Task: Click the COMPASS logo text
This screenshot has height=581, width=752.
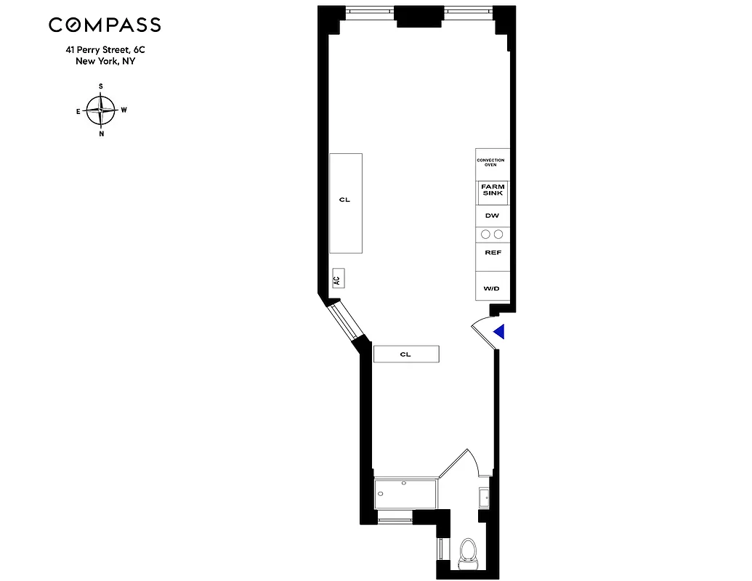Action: point(105,25)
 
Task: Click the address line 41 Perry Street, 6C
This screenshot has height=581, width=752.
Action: point(105,51)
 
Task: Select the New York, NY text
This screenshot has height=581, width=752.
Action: point(105,62)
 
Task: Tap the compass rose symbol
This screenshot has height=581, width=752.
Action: point(101,110)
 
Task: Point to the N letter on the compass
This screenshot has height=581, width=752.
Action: point(101,134)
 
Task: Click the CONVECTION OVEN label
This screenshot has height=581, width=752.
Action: point(490,163)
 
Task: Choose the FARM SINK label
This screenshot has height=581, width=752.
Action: point(492,190)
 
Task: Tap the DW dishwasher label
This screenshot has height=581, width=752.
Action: point(492,216)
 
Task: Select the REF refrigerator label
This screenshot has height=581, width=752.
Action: point(492,253)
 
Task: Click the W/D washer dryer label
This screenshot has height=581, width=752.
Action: point(492,288)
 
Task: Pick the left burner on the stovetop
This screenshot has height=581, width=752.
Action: point(485,234)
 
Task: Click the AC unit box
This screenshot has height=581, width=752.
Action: point(337,278)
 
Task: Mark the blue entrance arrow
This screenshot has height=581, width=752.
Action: point(499,332)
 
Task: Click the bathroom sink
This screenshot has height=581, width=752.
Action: point(485,497)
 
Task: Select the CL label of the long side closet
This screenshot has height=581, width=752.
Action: point(344,200)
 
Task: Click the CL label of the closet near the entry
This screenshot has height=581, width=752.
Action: point(405,354)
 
